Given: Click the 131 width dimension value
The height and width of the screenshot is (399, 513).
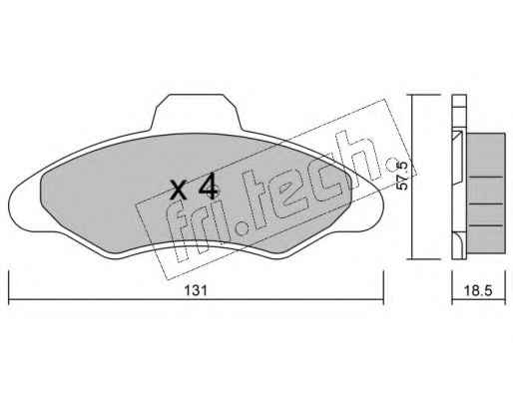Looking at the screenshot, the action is point(196,290).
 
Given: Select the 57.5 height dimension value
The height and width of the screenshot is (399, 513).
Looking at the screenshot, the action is point(402,176).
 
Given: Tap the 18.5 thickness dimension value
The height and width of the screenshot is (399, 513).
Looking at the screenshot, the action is point(478,290).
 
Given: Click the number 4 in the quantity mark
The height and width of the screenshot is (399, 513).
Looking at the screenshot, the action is point(209,188).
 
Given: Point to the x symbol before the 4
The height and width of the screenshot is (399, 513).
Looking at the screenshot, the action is point(178,191).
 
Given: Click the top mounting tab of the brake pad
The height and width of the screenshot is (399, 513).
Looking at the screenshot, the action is point(196,112).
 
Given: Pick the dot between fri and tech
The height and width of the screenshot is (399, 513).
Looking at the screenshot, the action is point(243,228).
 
